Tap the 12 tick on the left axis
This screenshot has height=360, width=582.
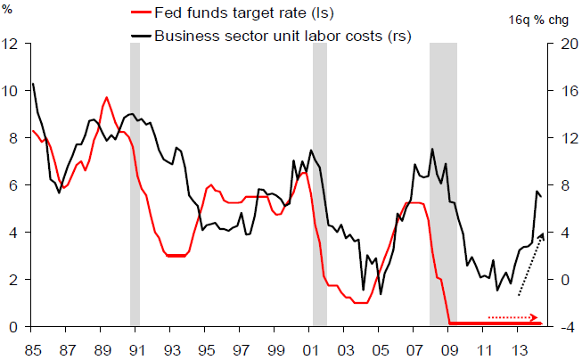11,44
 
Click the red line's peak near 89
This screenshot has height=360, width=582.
107,97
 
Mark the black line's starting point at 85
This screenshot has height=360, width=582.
33,84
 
